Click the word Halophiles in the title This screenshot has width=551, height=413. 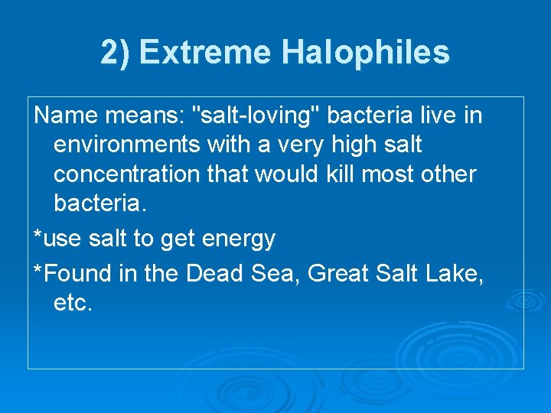[366, 53]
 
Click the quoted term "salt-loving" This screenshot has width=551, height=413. [257, 115]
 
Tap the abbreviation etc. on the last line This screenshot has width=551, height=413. [73, 302]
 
